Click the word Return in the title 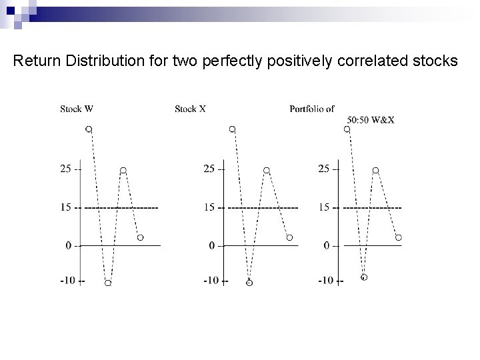35,62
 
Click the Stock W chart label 76,109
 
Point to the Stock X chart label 190,109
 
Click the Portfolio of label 312,109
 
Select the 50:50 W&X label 370,120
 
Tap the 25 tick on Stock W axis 66,169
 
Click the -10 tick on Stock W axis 68,281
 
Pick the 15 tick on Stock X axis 209,207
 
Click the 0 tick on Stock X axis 212,246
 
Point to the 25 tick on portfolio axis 324,169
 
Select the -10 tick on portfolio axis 326,281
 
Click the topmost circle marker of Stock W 89,129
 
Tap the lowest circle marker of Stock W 107,283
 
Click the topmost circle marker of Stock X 232,129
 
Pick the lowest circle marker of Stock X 249,283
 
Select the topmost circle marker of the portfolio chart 347,129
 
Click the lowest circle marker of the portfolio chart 364,277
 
